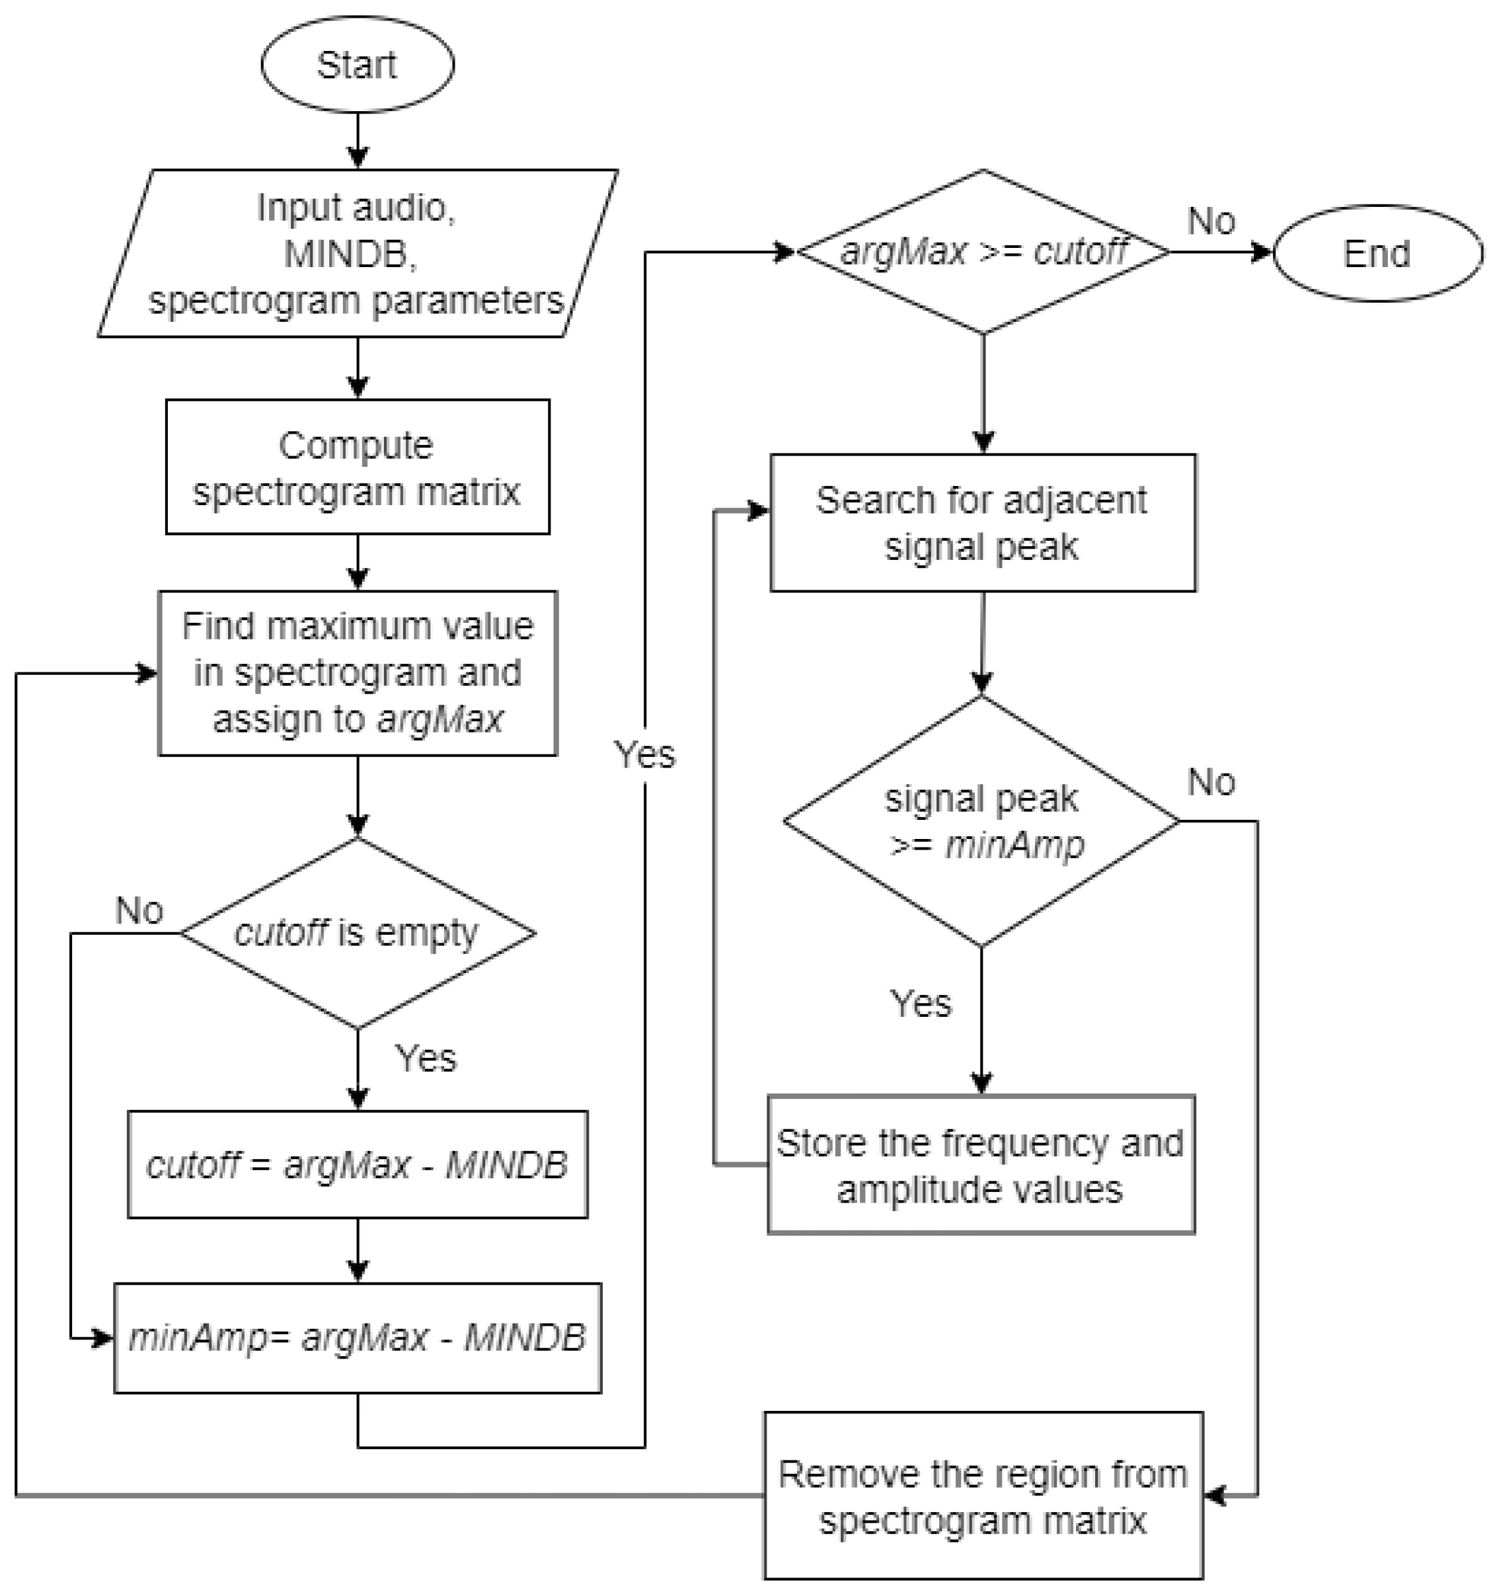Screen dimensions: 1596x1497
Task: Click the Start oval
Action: pyautogui.click(x=357, y=64)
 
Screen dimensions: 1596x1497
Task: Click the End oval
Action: pyautogui.click(x=1377, y=254)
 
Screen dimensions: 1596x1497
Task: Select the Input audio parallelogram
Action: pyautogui.click(x=357, y=254)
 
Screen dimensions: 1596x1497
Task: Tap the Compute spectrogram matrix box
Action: pyautogui.click(x=357, y=467)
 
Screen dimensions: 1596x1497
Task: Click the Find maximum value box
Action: pyautogui.click(x=357, y=673)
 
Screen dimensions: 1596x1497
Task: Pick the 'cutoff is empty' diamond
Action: pyautogui.click(x=357, y=933)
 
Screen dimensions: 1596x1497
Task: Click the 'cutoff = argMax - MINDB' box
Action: pyautogui.click(x=357, y=1164)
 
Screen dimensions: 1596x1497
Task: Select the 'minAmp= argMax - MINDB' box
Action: pyautogui.click(x=357, y=1337)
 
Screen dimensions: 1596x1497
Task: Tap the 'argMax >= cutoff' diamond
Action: pyautogui.click(x=983, y=252)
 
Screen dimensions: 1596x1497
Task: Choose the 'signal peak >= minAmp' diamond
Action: pyautogui.click(x=981, y=820)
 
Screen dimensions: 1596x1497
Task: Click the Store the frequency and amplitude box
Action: pyautogui.click(x=981, y=1165)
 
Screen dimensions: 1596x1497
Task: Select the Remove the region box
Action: pyautogui.click(x=983, y=1496)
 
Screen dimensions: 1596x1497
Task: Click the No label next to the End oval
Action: pyautogui.click(x=1211, y=221)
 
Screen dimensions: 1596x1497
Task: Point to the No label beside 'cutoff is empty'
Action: pyautogui.click(x=139, y=910)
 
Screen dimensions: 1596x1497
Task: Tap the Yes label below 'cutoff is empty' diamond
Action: pyautogui.click(x=426, y=1058)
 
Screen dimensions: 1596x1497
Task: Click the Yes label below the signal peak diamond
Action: pyautogui.click(x=921, y=1004)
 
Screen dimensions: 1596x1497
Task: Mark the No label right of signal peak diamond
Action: pyautogui.click(x=1211, y=781)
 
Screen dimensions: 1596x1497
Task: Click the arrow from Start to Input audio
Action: pyautogui.click(x=358, y=140)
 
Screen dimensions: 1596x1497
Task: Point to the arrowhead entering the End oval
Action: pyautogui.click(x=1262, y=253)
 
